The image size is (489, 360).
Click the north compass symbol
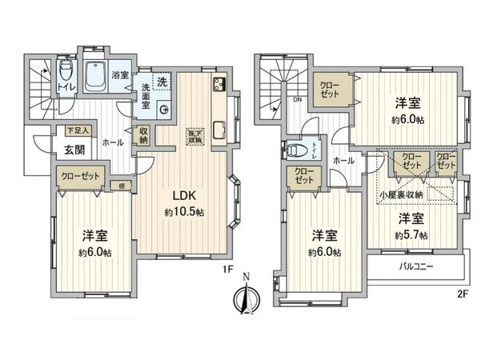click(245, 298)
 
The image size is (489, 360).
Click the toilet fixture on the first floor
click(64, 74)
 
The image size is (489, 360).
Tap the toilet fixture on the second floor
click(298, 150)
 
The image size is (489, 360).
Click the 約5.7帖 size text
click(410, 235)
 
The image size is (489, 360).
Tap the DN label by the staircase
click(297, 101)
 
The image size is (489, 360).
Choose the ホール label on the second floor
click(343, 160)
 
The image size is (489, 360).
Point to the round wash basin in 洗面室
click(164, 110)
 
